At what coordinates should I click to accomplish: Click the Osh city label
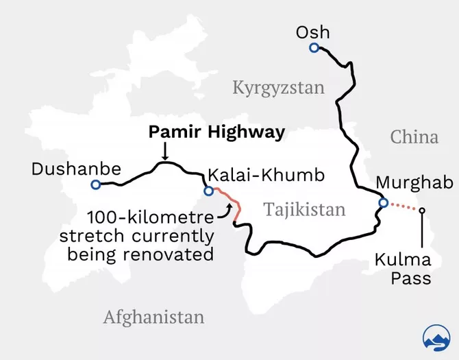pyautogui.click(x=312, y=32)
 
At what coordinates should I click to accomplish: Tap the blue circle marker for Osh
pyautogui.click(x=314, y=47)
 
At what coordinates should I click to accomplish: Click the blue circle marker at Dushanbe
pyautogui.click(x=95, y=184)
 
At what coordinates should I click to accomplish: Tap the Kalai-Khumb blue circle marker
pyautogui.click(x=208, y=191)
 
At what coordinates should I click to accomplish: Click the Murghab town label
pyautogui.click(x=414, y=184)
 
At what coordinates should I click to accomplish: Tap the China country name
pyautogui.click(x=414, y=136)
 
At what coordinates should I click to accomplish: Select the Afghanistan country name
pyautogui.click(x=153, y=317)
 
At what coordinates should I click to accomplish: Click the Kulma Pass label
pyautogui.click(x=403, y=269)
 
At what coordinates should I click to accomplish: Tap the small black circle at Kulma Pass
pyautogui.click(x=422, y=211)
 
